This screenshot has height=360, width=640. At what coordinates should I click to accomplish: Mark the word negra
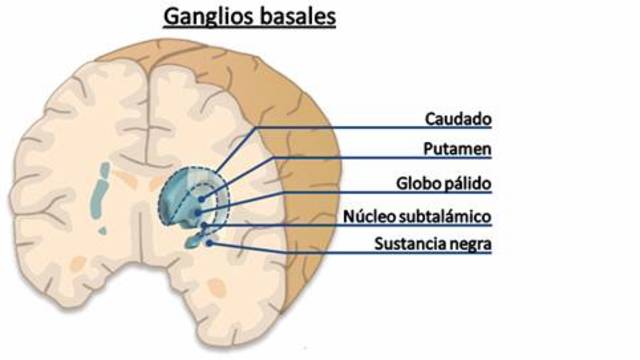tap(474, 243)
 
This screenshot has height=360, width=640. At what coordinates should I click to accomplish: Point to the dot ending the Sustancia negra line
tap(209, 241)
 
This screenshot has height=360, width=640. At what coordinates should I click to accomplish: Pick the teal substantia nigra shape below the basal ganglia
tap(193, 241)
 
